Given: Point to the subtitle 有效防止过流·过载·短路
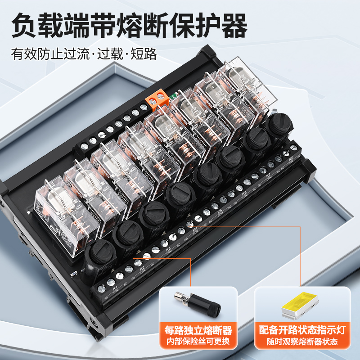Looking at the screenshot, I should [x=84, y=54].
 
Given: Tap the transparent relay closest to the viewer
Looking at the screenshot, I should [x=64, y=209].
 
